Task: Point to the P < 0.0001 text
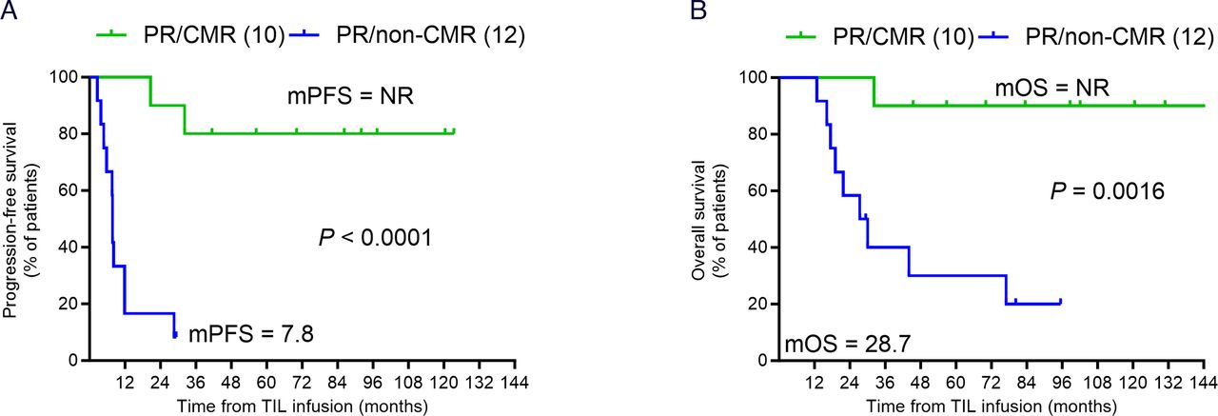(x=375, y=237)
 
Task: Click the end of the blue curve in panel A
(x=175, y=333)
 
